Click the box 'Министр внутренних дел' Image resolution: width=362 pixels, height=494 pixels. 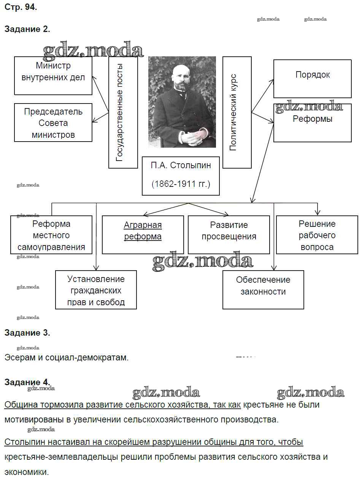tap(53, 75)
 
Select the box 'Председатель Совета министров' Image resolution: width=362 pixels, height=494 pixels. tap(53, 123)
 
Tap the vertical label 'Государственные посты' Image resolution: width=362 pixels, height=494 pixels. tap(123, 112)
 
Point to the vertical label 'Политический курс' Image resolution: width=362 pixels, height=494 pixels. tap(237, 112)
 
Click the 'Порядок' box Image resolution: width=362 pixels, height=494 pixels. tap(312, 78)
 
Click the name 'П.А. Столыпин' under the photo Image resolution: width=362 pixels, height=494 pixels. tap(181, 165)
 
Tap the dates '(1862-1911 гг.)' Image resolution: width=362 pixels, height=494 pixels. tap(181, 184)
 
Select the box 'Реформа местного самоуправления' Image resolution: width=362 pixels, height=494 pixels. tap(51, 235)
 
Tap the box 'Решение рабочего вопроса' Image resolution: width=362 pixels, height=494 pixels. tap(317, 235)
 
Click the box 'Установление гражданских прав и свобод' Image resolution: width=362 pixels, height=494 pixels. tap(96, 290)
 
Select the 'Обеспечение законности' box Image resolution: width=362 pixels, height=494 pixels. tap(263, 290)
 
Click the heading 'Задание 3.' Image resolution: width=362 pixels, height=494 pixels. tap(27, 333)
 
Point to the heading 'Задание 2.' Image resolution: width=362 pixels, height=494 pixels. tap(27, 29)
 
